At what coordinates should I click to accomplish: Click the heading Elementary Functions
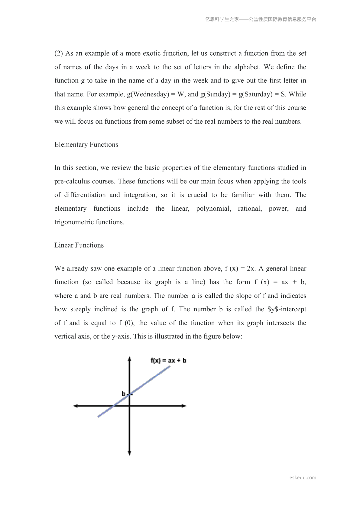86,144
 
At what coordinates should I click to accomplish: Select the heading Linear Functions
79,245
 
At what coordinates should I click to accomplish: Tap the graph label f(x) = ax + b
168,360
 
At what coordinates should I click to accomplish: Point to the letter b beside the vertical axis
123,394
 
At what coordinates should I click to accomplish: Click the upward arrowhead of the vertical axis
129,358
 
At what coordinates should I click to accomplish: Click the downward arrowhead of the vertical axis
129,453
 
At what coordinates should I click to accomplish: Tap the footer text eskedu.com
303,478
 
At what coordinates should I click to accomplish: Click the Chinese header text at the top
261,19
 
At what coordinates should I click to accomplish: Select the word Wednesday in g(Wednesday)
150,94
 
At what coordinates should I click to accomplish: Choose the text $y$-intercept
287,309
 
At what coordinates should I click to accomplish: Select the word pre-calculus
72,181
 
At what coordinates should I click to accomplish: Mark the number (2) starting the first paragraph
59,53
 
